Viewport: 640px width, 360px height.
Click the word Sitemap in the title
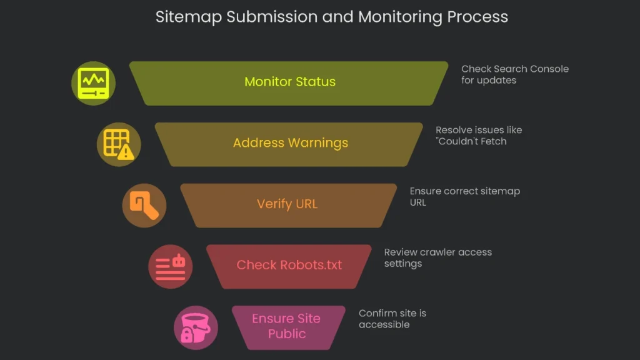[188, 17]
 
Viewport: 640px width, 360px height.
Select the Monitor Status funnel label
[289, 82]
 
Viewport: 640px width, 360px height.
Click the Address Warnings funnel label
[290, 143]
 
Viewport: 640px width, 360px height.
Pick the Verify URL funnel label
[287, 204]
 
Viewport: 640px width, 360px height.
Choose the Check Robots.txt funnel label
[289, 265]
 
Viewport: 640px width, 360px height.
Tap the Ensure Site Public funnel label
[286, 326]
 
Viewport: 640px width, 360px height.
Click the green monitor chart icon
[93, 83]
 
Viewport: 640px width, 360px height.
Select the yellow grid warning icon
[119, 144]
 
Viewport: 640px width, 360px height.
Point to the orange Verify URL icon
[144, 205]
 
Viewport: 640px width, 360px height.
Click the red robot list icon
[170, 266]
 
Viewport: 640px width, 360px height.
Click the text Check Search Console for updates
[514, 74]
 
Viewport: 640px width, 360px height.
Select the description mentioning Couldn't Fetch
[478, 136]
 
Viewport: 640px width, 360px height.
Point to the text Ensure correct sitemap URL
[464, 197]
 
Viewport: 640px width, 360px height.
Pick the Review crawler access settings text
[437, 257]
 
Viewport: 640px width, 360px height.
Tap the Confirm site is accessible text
[392, 319]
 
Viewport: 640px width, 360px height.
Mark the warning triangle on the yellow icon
[126, 152]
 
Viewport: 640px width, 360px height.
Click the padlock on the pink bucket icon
[186, 334]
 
